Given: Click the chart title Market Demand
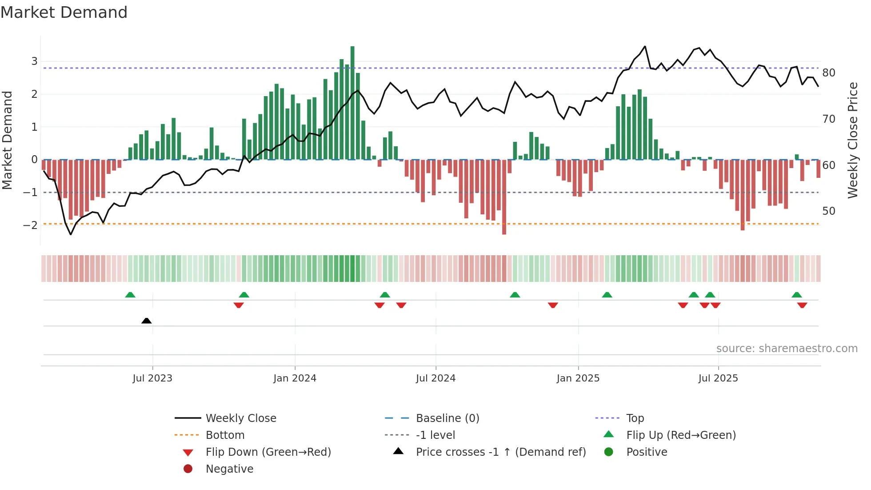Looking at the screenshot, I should click(64, 12).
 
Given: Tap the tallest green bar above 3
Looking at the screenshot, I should click(352, 102).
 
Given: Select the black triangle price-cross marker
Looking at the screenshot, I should click(146, 321).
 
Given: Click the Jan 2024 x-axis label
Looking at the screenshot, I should click(295, 378).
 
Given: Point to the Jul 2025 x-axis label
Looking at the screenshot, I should click(718, 378).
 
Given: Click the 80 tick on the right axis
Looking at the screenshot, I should click(828, 73).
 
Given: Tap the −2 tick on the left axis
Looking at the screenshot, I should click(30, 225).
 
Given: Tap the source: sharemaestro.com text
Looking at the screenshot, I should click(787, 349).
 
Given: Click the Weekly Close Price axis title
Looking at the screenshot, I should click(852, 140).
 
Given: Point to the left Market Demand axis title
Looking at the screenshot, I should click(7, 140).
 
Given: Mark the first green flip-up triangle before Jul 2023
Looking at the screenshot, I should click(130, 295).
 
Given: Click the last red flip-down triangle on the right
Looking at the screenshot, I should click(802, 305).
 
